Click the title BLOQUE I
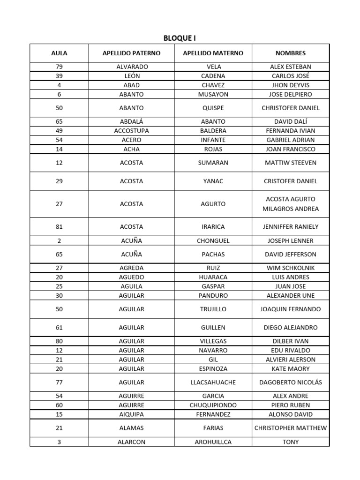tap(180, 38)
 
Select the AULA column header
tap(59, 53)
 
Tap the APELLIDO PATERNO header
tap(131, 53)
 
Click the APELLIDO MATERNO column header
tap(213, 53)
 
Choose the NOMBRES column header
tap(291, 53)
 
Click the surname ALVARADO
tap(131, 67)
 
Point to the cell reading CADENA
tap(213, 76)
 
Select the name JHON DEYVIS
tap(291, 85)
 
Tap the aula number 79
tap(59, 67)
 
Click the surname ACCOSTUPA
tap(131, 131)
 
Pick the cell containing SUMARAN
tap(213, 163)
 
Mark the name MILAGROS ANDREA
tap(291, 209)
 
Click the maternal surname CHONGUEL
tap(213, 240)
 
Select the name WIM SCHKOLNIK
tap(291, 268)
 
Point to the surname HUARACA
tap(213, 277)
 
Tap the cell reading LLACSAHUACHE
tap(213, 382)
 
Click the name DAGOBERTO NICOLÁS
tap(291, 382)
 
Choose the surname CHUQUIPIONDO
tap(213, 405)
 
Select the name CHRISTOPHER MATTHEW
tap(291, 428)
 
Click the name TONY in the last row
tap(291, 442)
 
